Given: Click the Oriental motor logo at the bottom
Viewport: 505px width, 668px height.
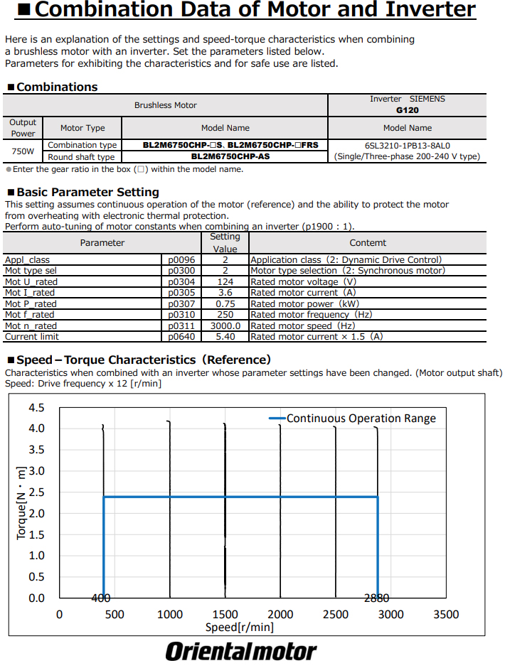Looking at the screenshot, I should (241, 651).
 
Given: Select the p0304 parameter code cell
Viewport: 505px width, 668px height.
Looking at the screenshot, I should (181, 281).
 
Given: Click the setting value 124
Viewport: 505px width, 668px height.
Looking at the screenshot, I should (225, 281).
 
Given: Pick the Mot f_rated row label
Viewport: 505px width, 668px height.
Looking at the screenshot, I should (29, 314).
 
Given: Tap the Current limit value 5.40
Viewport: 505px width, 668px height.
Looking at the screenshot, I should (225, 336).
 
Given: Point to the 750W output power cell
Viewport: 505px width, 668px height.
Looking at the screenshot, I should (23, 151).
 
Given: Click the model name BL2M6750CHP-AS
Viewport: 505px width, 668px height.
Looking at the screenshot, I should (225, 156).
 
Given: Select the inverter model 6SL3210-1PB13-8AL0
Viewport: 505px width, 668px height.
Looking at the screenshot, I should (407, 145).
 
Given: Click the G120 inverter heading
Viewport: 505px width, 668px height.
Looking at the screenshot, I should (407, 110).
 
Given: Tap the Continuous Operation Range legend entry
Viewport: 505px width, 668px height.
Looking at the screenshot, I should (361, 418).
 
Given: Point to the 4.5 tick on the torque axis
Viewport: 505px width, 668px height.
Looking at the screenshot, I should (36, 408).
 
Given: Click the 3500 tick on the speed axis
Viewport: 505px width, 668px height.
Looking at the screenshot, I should (446, 614).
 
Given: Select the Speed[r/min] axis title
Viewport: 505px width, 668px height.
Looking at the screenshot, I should (240, 627).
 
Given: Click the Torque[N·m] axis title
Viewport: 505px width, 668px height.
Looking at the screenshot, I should (21, 502).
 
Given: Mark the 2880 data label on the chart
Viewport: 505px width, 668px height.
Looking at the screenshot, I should (376, 598).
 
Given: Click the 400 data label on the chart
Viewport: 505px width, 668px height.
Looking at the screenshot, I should (100, 598).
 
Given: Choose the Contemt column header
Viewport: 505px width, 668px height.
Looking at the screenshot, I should (368, 242).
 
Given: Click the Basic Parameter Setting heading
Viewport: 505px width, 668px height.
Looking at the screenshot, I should (87, 192).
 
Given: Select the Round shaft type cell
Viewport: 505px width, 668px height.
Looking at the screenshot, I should (81, 156).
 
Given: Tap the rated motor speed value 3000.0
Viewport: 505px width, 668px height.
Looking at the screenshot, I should (225, 325).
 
